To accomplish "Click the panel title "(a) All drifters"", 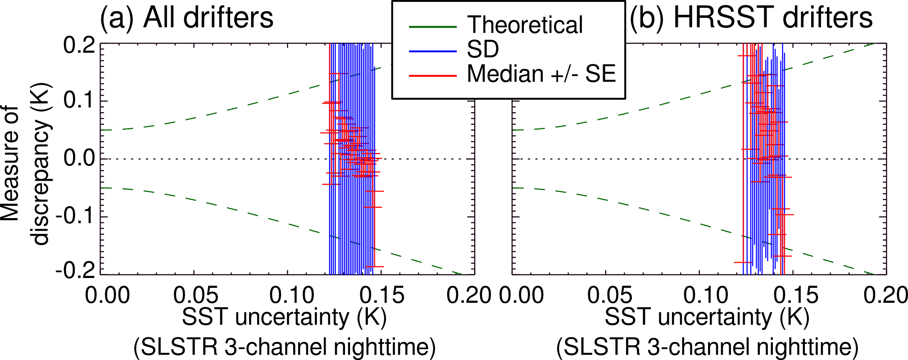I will (186, 18).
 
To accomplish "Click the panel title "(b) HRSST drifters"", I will (751, 18).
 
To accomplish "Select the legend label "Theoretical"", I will (525, 25).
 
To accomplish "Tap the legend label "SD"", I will (483, 49).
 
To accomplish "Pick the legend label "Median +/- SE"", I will (541, 73).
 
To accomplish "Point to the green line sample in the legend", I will (433, 27).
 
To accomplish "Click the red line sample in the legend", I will (433, 75).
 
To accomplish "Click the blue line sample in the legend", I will (433, 51).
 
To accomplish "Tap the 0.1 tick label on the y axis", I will (79, 100).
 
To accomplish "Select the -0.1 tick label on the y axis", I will (75, 217).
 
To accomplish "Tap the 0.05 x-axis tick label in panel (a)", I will (195, 296).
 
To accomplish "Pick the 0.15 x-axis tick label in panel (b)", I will (796, 296).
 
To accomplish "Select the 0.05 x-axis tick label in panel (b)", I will (610, 296).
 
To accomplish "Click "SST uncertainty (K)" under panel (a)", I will (284, 318).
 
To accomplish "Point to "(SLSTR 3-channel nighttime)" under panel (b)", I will (707, 347).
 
